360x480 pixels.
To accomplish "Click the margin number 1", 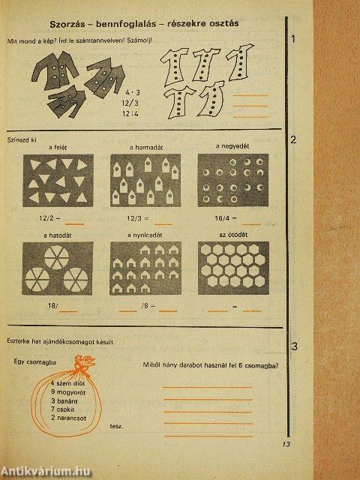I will pyautogui.click(x=293, y=39).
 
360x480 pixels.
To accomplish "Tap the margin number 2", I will pyautogui.click(x=293, y=139).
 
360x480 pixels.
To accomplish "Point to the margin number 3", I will pyautogui.click(x=294, y=346).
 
